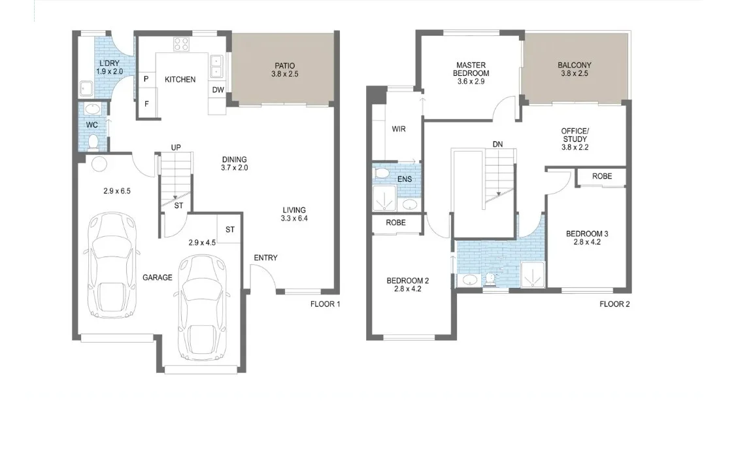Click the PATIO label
283,65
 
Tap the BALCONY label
574,65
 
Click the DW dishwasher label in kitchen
218,90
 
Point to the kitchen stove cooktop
180,44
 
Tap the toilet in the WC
93,141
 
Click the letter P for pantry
146,79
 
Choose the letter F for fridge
146,104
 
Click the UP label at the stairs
176,148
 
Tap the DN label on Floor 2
497,145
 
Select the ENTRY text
265,258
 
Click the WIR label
399,129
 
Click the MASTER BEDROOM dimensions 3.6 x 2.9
472,74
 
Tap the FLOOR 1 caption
325,304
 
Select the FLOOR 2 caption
614,304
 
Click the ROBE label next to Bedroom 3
602,177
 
